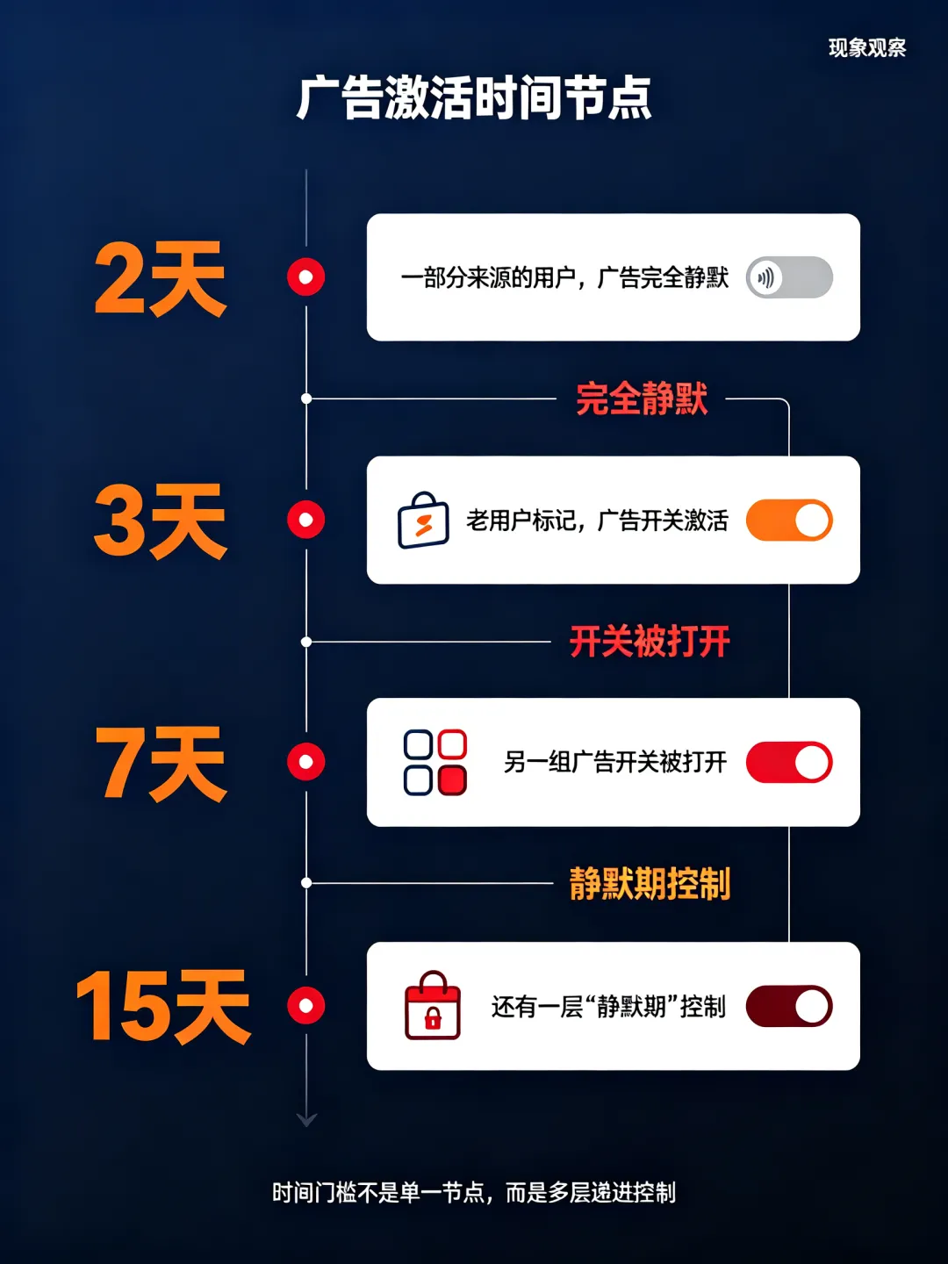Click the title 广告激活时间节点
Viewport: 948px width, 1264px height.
pos(474,98)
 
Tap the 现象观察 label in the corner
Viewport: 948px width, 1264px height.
pos(867,47)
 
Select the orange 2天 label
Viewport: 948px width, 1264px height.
pos(160,278)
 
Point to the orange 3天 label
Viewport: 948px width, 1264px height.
pos(160,521)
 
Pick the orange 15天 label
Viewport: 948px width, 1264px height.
pos(163,1007)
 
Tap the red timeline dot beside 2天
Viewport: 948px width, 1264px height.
pos(306,277)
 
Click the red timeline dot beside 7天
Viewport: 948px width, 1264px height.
pos(306,762)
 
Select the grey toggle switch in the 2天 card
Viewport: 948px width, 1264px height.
pos(789,277)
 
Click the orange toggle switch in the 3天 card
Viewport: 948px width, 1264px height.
pos(789,520)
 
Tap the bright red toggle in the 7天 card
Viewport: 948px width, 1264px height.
pos(789,763)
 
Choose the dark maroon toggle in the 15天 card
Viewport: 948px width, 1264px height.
pos(789,1006)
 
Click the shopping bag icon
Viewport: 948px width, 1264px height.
pos(423,520)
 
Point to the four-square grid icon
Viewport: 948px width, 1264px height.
pos(435,763)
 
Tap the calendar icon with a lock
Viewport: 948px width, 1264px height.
pos(432,1005)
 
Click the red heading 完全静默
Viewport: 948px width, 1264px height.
pos(642,399)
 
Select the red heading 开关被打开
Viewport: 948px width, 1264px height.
pos(650,641)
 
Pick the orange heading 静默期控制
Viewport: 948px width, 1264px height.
pos(650,883)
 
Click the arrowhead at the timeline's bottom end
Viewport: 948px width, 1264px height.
pos(306,1120)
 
